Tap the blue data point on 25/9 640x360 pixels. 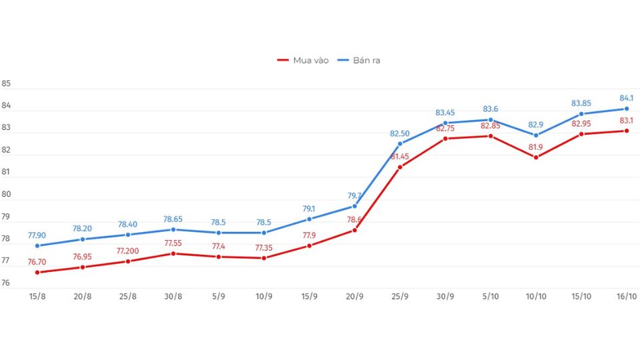point(400,143)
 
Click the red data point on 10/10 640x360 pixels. point(536,157)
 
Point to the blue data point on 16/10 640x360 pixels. point(627,109)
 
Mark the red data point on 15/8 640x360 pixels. point(37,272)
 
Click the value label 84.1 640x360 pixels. point(627,98)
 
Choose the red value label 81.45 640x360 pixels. point(400,156)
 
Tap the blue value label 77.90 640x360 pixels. point(37,235)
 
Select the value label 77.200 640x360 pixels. point(128,251)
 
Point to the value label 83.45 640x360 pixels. point(445,112)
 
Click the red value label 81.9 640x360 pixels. point(536,147)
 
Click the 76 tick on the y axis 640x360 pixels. point(6,283)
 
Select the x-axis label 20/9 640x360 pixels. point(355,297)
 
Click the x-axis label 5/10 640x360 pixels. point(491,297)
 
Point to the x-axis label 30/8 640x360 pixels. point(173,297)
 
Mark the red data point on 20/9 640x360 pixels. point(355,230)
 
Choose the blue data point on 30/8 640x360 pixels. point(173,229)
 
